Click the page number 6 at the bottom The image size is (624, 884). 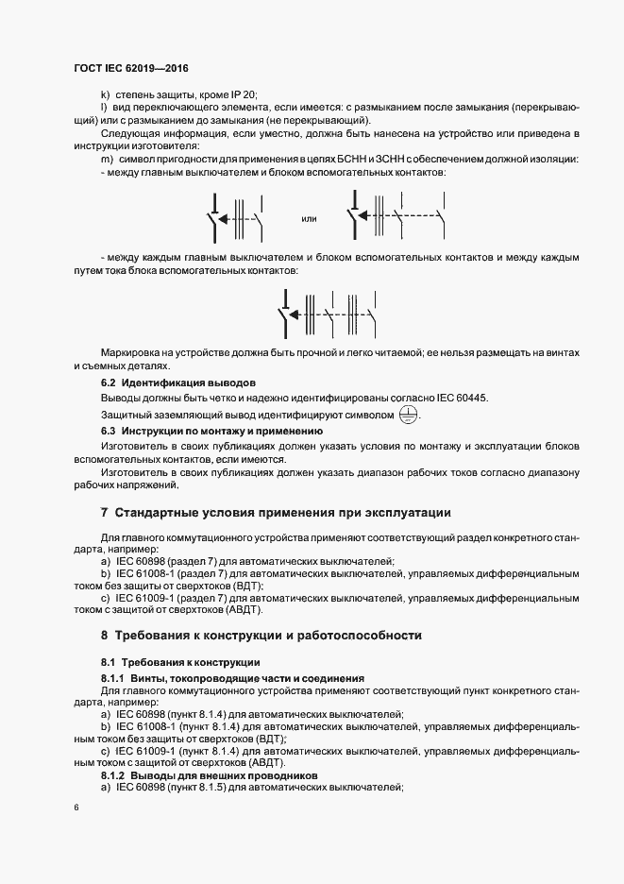point(77,808)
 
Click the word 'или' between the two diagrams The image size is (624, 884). point(308,219)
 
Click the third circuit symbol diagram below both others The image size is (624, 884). point(329,313)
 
